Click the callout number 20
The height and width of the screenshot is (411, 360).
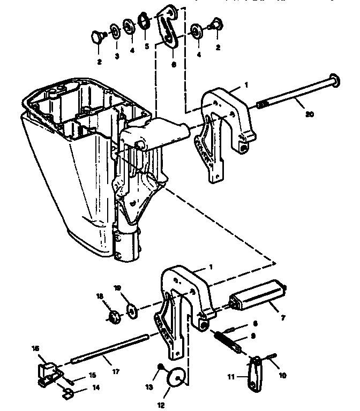click(x=310, y=113)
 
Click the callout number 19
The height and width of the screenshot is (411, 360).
click(x=119, y=287)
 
